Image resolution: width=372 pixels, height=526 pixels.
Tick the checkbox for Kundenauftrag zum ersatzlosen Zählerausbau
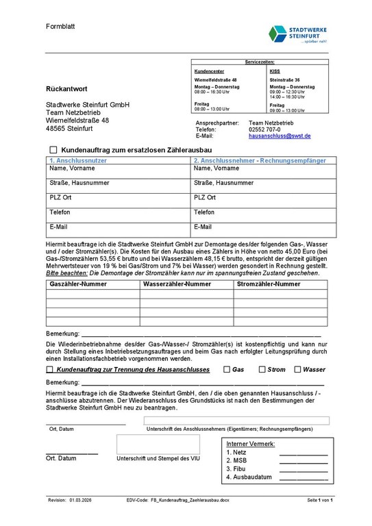[x=53, y=149]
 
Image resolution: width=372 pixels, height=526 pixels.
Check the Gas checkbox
[x=227, y=369]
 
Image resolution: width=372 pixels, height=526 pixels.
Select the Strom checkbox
[x=262, y=369]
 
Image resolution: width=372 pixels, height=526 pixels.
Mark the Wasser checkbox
[x=297, y=369]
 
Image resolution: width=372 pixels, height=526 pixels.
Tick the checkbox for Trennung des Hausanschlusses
[x=50, y=369]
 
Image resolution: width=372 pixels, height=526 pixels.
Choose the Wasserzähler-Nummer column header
[x=176, y=284]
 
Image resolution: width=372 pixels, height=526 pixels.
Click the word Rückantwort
[x=66, y=90]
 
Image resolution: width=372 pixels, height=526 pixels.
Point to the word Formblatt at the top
[x=60, y=26]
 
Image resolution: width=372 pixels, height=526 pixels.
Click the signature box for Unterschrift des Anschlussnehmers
[x=236, y=421]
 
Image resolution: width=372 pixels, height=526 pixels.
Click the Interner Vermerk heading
[x=250, y=444]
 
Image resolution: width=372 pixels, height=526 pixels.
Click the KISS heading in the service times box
[x=274, y=71]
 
